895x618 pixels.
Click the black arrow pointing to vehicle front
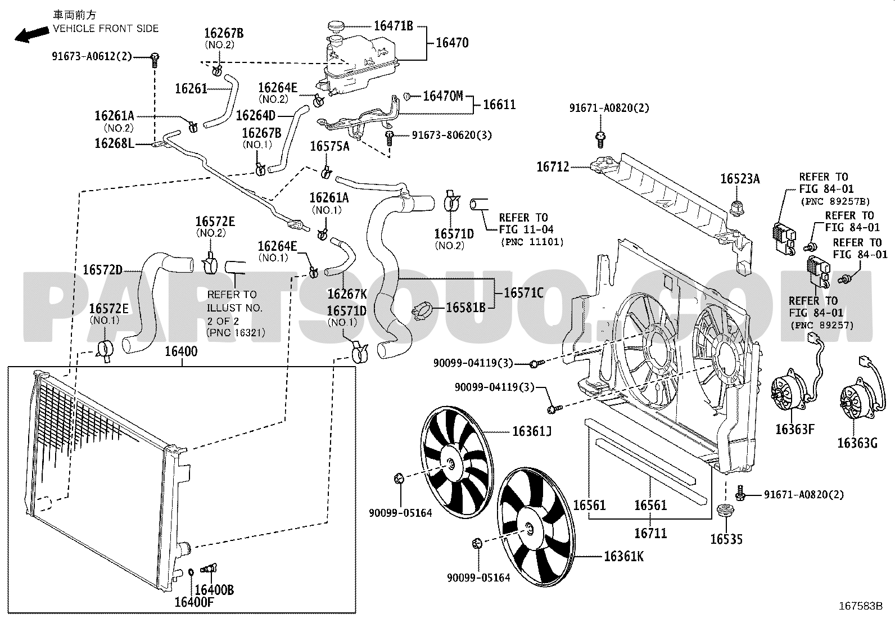tap(32, 34)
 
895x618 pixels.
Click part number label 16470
tap(452, 43)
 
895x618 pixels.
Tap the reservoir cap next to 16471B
tap(336, 26)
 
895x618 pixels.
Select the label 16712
tap(553, 166)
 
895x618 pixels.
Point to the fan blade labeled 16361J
tap(456, 462)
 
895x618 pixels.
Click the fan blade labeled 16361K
tap(535, 527)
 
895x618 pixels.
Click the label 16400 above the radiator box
tap(181, 351)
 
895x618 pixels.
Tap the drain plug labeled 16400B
tap(209, 569)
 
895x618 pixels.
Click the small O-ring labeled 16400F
tap(191, 572)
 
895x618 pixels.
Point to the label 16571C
tap(523, 293)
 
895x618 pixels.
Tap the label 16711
tap(650, 533)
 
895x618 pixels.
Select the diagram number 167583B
tap(860, 606)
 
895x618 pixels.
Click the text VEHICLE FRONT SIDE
tap(106, 28)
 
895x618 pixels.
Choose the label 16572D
tap(103, 270)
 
